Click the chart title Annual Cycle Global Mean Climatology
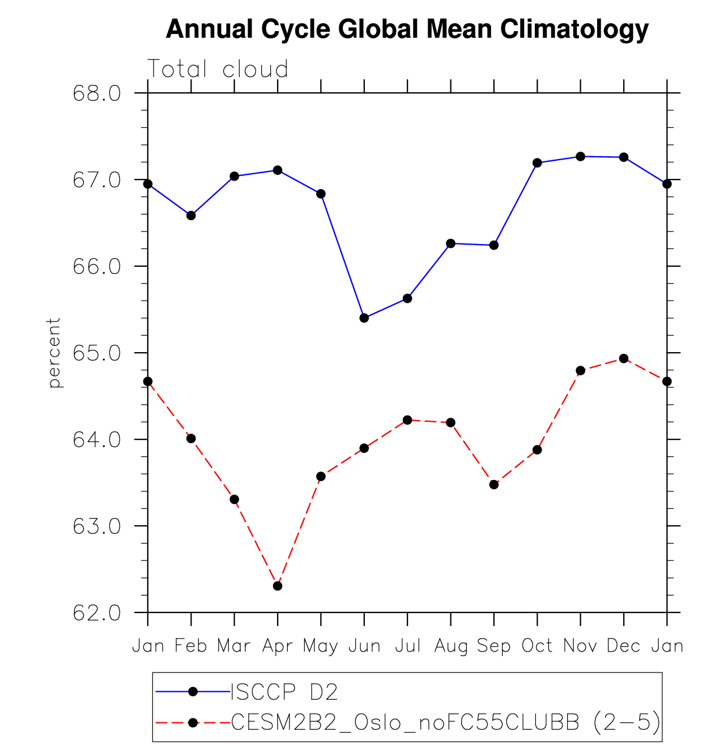pos(407,29)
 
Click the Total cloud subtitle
pos(218,69)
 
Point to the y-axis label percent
pos(54,352)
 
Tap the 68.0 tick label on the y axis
pos(97,93)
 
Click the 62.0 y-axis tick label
pos(97,613)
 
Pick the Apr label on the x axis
pos(277,646)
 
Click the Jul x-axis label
pos(407,646)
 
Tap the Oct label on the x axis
pos(537,646)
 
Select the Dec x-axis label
pos(623,646)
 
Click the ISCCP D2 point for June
pos(364,318)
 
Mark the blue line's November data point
pos(580,156)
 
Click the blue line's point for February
pos(191,216)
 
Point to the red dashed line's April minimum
pos(278,586)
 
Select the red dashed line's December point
pos(624,358)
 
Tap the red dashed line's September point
pos(494,485)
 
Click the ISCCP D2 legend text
pos(284,692)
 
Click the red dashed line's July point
pos(407,420)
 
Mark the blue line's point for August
pos(451,243)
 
